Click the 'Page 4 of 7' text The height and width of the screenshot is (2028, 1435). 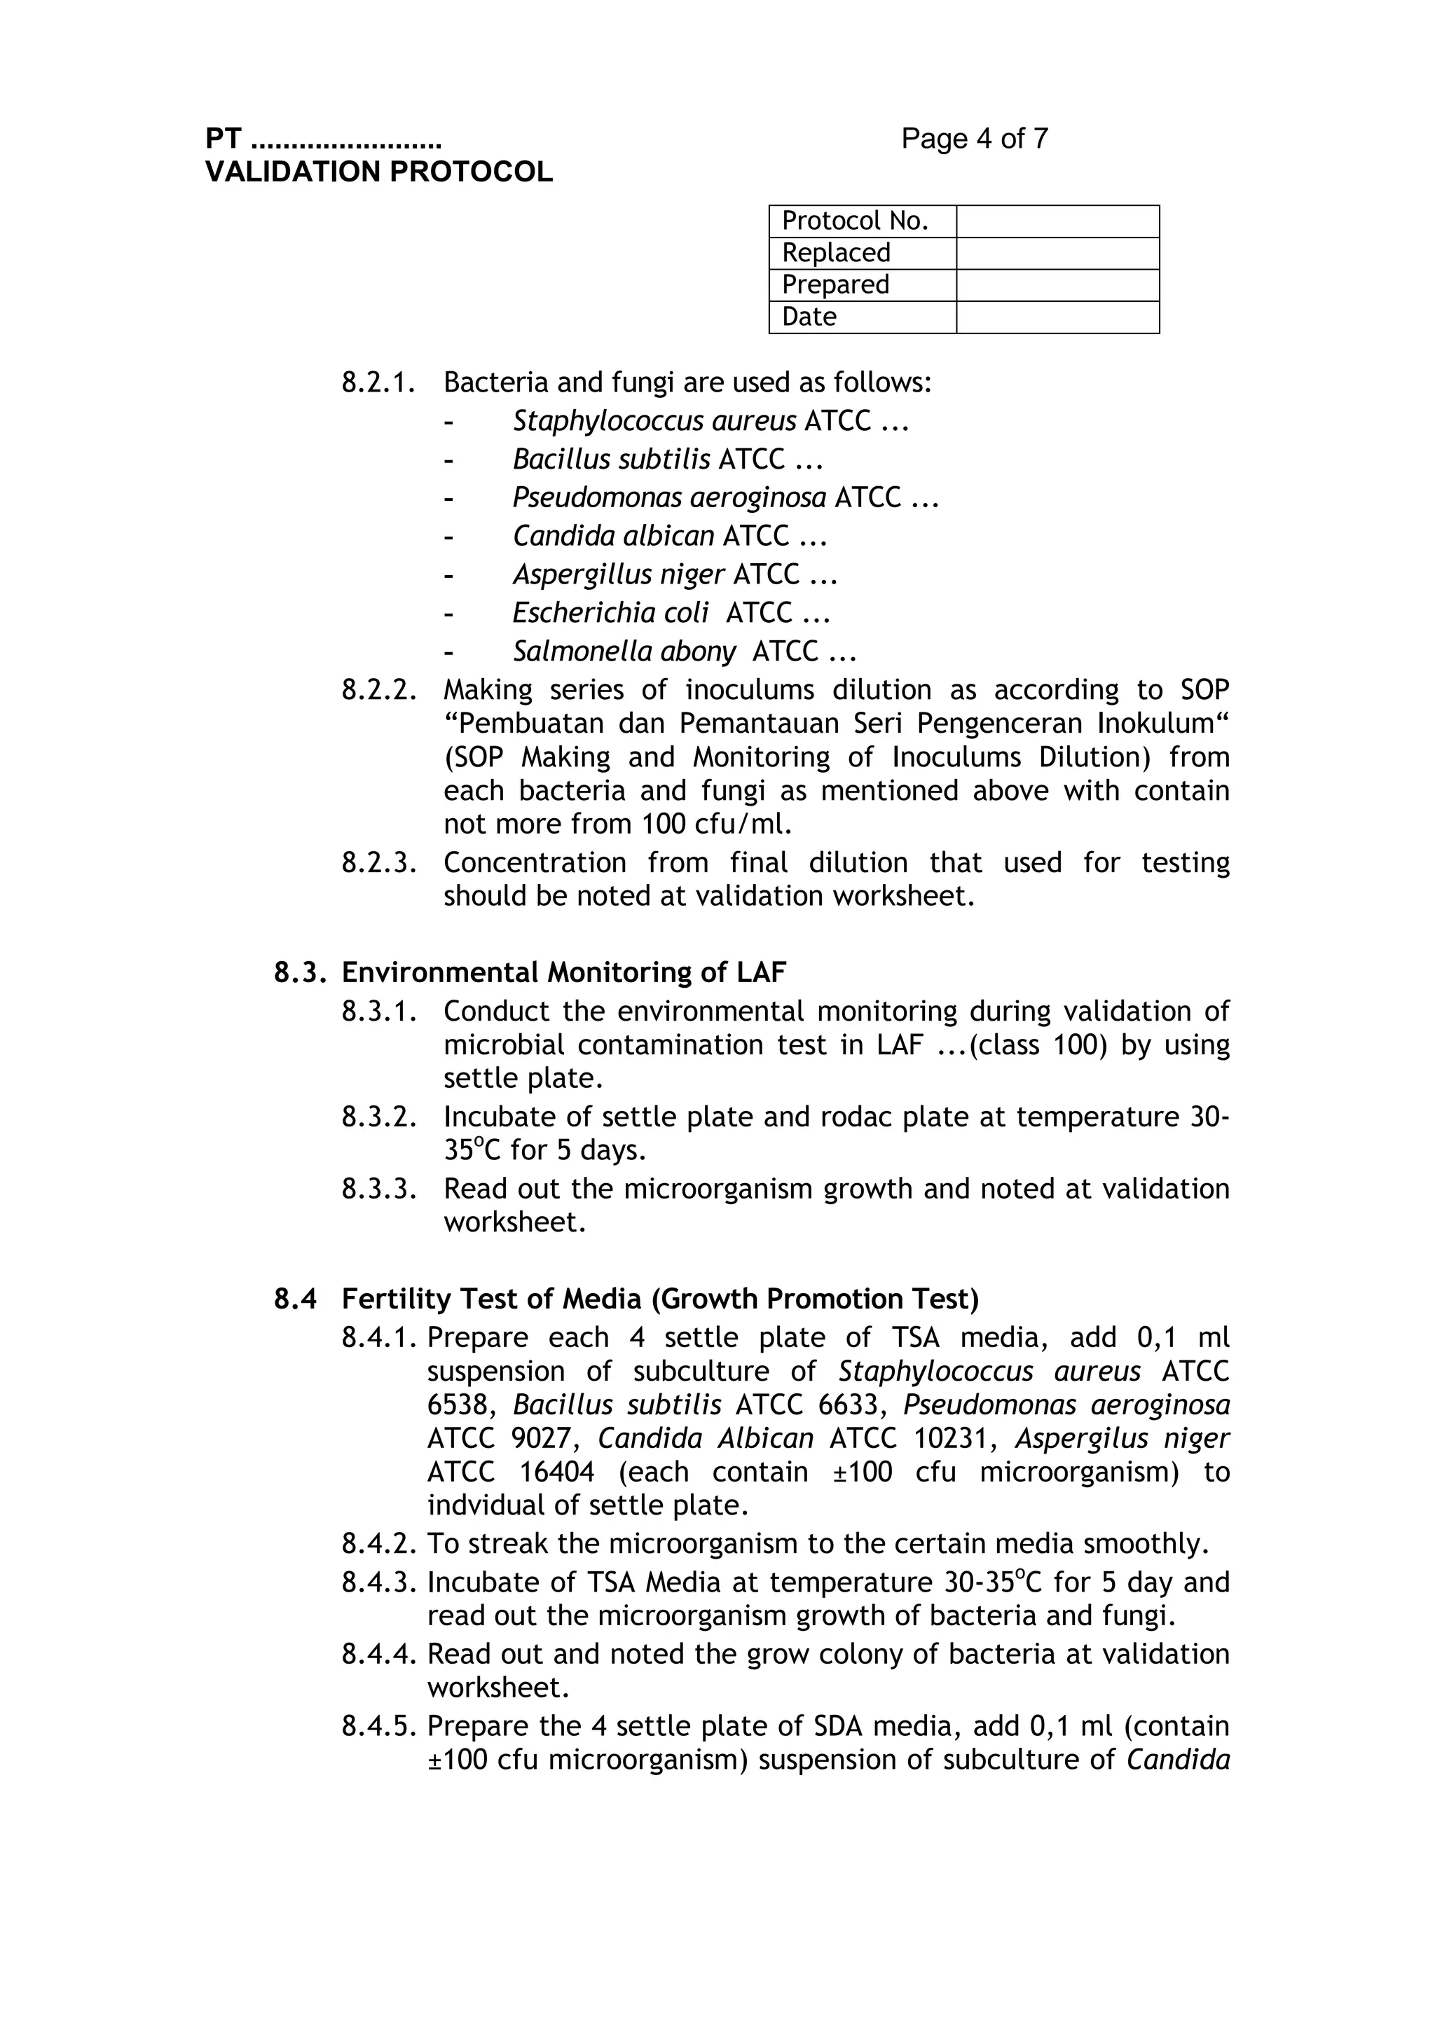[x=974, y=139]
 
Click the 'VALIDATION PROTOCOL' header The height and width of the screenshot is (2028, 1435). [x=379, y=172]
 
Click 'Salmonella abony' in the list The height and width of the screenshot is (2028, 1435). [x=624, y=652]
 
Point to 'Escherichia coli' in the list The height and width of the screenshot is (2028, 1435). [x=610, y=613]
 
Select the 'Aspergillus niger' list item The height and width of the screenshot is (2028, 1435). [x=619, y=575]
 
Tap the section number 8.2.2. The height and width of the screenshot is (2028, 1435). [x=378, y=690]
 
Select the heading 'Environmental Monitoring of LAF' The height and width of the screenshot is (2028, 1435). [x=564, y=972]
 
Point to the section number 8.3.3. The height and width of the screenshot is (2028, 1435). [x=378, y=1189]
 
